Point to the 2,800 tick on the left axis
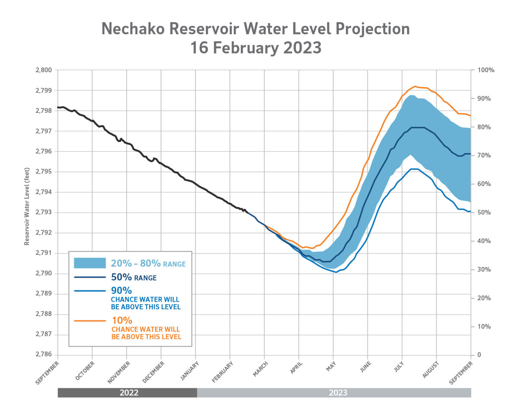pos(44,70)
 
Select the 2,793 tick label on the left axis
pos(44,212)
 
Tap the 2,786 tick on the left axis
pos(44,354)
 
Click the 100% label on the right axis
pos(486,70)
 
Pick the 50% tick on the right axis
pos(484,212)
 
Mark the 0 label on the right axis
pos(479,355)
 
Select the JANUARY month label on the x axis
pos(190,371)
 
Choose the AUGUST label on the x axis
pos(431,370)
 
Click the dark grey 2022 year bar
pos(128,393)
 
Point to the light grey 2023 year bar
pos(337,393)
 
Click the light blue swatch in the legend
pos(90,263)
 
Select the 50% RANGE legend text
pos(134,277)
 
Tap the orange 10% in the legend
pos(122,321)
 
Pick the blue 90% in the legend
pos(121,291)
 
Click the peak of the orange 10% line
pos(415,87)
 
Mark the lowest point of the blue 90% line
pos(336,272)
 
